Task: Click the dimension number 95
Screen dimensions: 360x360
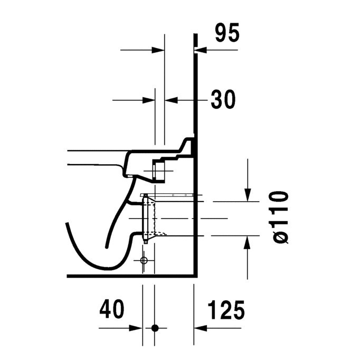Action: point(228,32)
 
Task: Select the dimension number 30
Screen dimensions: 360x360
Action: point(223,99)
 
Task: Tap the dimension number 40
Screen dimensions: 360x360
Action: point(112,309)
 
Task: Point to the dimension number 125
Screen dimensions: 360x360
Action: point(226,310)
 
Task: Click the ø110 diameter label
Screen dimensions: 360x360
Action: point(281,217)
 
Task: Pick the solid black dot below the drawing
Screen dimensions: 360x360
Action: point(155,328)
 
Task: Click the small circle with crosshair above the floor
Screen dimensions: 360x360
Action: point(144,260)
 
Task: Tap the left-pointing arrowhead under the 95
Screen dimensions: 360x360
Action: point(201,50)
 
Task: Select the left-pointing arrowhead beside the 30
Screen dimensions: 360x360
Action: point(171,100)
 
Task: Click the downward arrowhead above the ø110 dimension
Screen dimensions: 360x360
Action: point(248,195)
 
